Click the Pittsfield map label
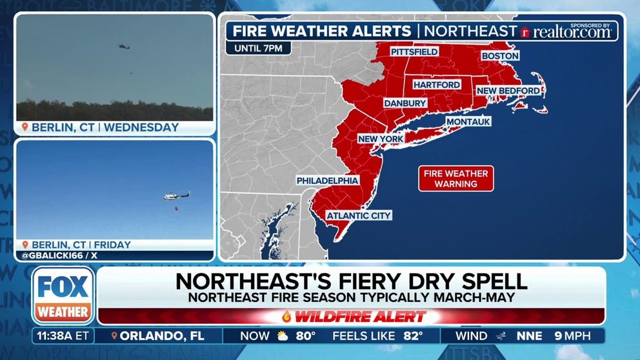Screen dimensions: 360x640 coord(414,52)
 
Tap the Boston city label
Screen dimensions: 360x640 coord(500,56)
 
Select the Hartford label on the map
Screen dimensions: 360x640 coord(437,85)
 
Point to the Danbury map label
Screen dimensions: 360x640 coord(405,103)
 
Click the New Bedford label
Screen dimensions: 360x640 coord(508,91)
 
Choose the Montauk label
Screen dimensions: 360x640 coord(468,121)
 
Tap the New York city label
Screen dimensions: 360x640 coord(381,139)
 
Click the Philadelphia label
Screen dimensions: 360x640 coord(327,181)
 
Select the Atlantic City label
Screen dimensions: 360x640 coord(359,215)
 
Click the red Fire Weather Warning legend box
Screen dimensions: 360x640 coord(455,179)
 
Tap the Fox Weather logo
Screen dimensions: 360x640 coord(63,296)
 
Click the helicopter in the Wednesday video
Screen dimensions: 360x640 coord(123,46)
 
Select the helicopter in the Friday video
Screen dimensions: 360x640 coord(176,195)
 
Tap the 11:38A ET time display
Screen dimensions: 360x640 coord(63,335)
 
